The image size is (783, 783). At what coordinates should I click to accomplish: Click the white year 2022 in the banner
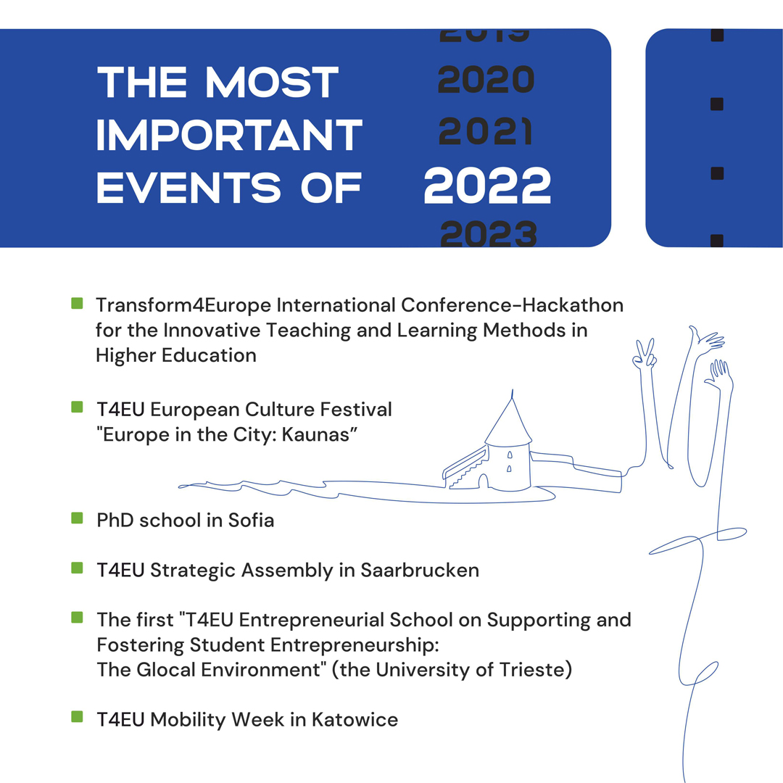pyautogui.click(x=487, y=186)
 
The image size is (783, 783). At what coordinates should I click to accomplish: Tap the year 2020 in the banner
pyautogui.click(x=486, y=80)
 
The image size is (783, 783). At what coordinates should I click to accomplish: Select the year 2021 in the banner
pyautogui.click(x=485, y=131)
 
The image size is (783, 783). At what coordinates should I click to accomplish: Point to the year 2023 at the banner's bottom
pyautogui.click(x=489, y=233)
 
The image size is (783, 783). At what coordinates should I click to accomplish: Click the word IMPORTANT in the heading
pyautogui.click(x=229, y=135)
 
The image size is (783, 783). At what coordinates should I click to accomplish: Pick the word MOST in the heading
pyautogui.click(x=272, y=83)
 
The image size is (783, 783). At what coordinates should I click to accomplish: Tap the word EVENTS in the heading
pyautogui.click(x=188, y=188)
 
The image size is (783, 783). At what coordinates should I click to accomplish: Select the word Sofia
pyautogui.click(x=251, y=521)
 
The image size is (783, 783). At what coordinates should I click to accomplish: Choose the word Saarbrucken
pyautogui.click(x=420, y=571)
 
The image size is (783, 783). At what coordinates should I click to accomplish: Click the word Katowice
pyautogui.click(x=355, y=720)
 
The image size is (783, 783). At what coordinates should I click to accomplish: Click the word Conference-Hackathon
pyautogui.click(x=513, y=305)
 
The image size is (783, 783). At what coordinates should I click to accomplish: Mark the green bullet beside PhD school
pyautogui.click(x=77, y=518)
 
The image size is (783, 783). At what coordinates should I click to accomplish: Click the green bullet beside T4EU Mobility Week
pyautogui.click(x=77, y=716)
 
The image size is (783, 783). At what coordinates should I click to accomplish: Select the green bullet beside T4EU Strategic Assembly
pyautogui.click(x=77, y=568)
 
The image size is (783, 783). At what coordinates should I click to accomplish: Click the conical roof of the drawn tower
pyautogui.click(x=509, y=422)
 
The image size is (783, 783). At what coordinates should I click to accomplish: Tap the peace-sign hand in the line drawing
pyautogui.click(x=644, y=354)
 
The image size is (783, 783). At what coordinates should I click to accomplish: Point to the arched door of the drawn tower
pyautogui.click(x=484, y=481)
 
